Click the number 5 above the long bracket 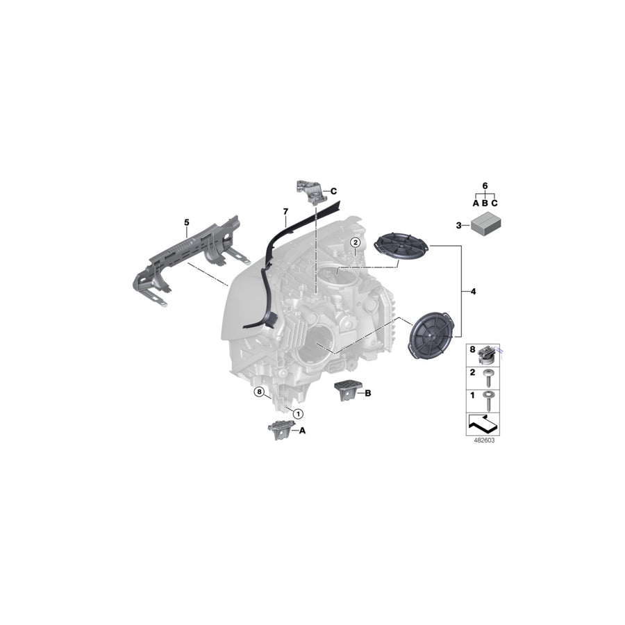(186, 222)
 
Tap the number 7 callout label (285, 210)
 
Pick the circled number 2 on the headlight (355, 242)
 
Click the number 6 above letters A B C (485, 186)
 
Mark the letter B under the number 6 (485, 203)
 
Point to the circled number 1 (298, 412)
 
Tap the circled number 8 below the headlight (259, 392)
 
